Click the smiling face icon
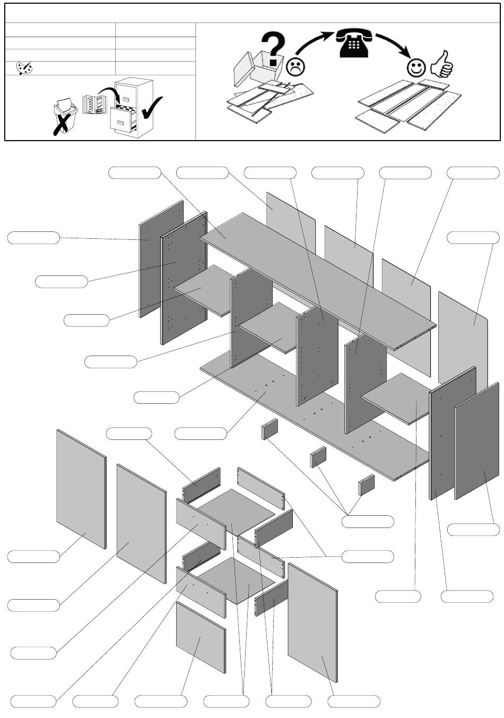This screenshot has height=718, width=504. [416, 67]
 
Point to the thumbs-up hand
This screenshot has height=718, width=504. [442, 65]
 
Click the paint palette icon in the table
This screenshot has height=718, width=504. [24, 68]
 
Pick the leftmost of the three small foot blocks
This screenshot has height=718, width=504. [270, 429]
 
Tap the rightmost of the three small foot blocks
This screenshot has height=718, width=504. [366, 485]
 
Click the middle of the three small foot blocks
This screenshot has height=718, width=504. [318, 457]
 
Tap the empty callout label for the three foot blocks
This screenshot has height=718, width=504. [368, 521]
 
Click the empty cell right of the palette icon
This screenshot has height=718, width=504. [155, 68]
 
